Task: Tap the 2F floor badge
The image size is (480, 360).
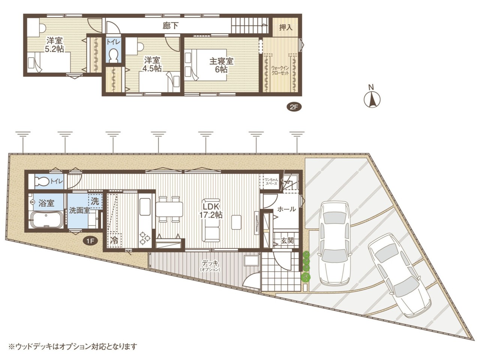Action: click(294, 107)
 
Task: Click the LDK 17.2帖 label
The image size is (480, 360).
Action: click(210, 211)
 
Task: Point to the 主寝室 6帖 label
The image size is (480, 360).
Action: click(221, 65)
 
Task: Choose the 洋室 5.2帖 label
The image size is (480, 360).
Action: click(54, 44)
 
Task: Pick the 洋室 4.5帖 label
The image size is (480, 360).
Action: click(152, 64)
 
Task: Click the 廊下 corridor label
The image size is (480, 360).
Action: click(170, 26)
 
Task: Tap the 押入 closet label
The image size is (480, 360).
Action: click(286, 27)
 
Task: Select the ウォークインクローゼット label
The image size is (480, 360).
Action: click(280, 70)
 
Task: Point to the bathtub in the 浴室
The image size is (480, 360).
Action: click(46, 220)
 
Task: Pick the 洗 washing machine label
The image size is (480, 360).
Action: click(95, 201)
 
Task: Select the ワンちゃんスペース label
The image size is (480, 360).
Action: click(271, 181)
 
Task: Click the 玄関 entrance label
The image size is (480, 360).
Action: click(287, 241)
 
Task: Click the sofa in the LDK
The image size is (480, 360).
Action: click(211, 220)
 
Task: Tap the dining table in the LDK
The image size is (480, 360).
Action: click(169, 209)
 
